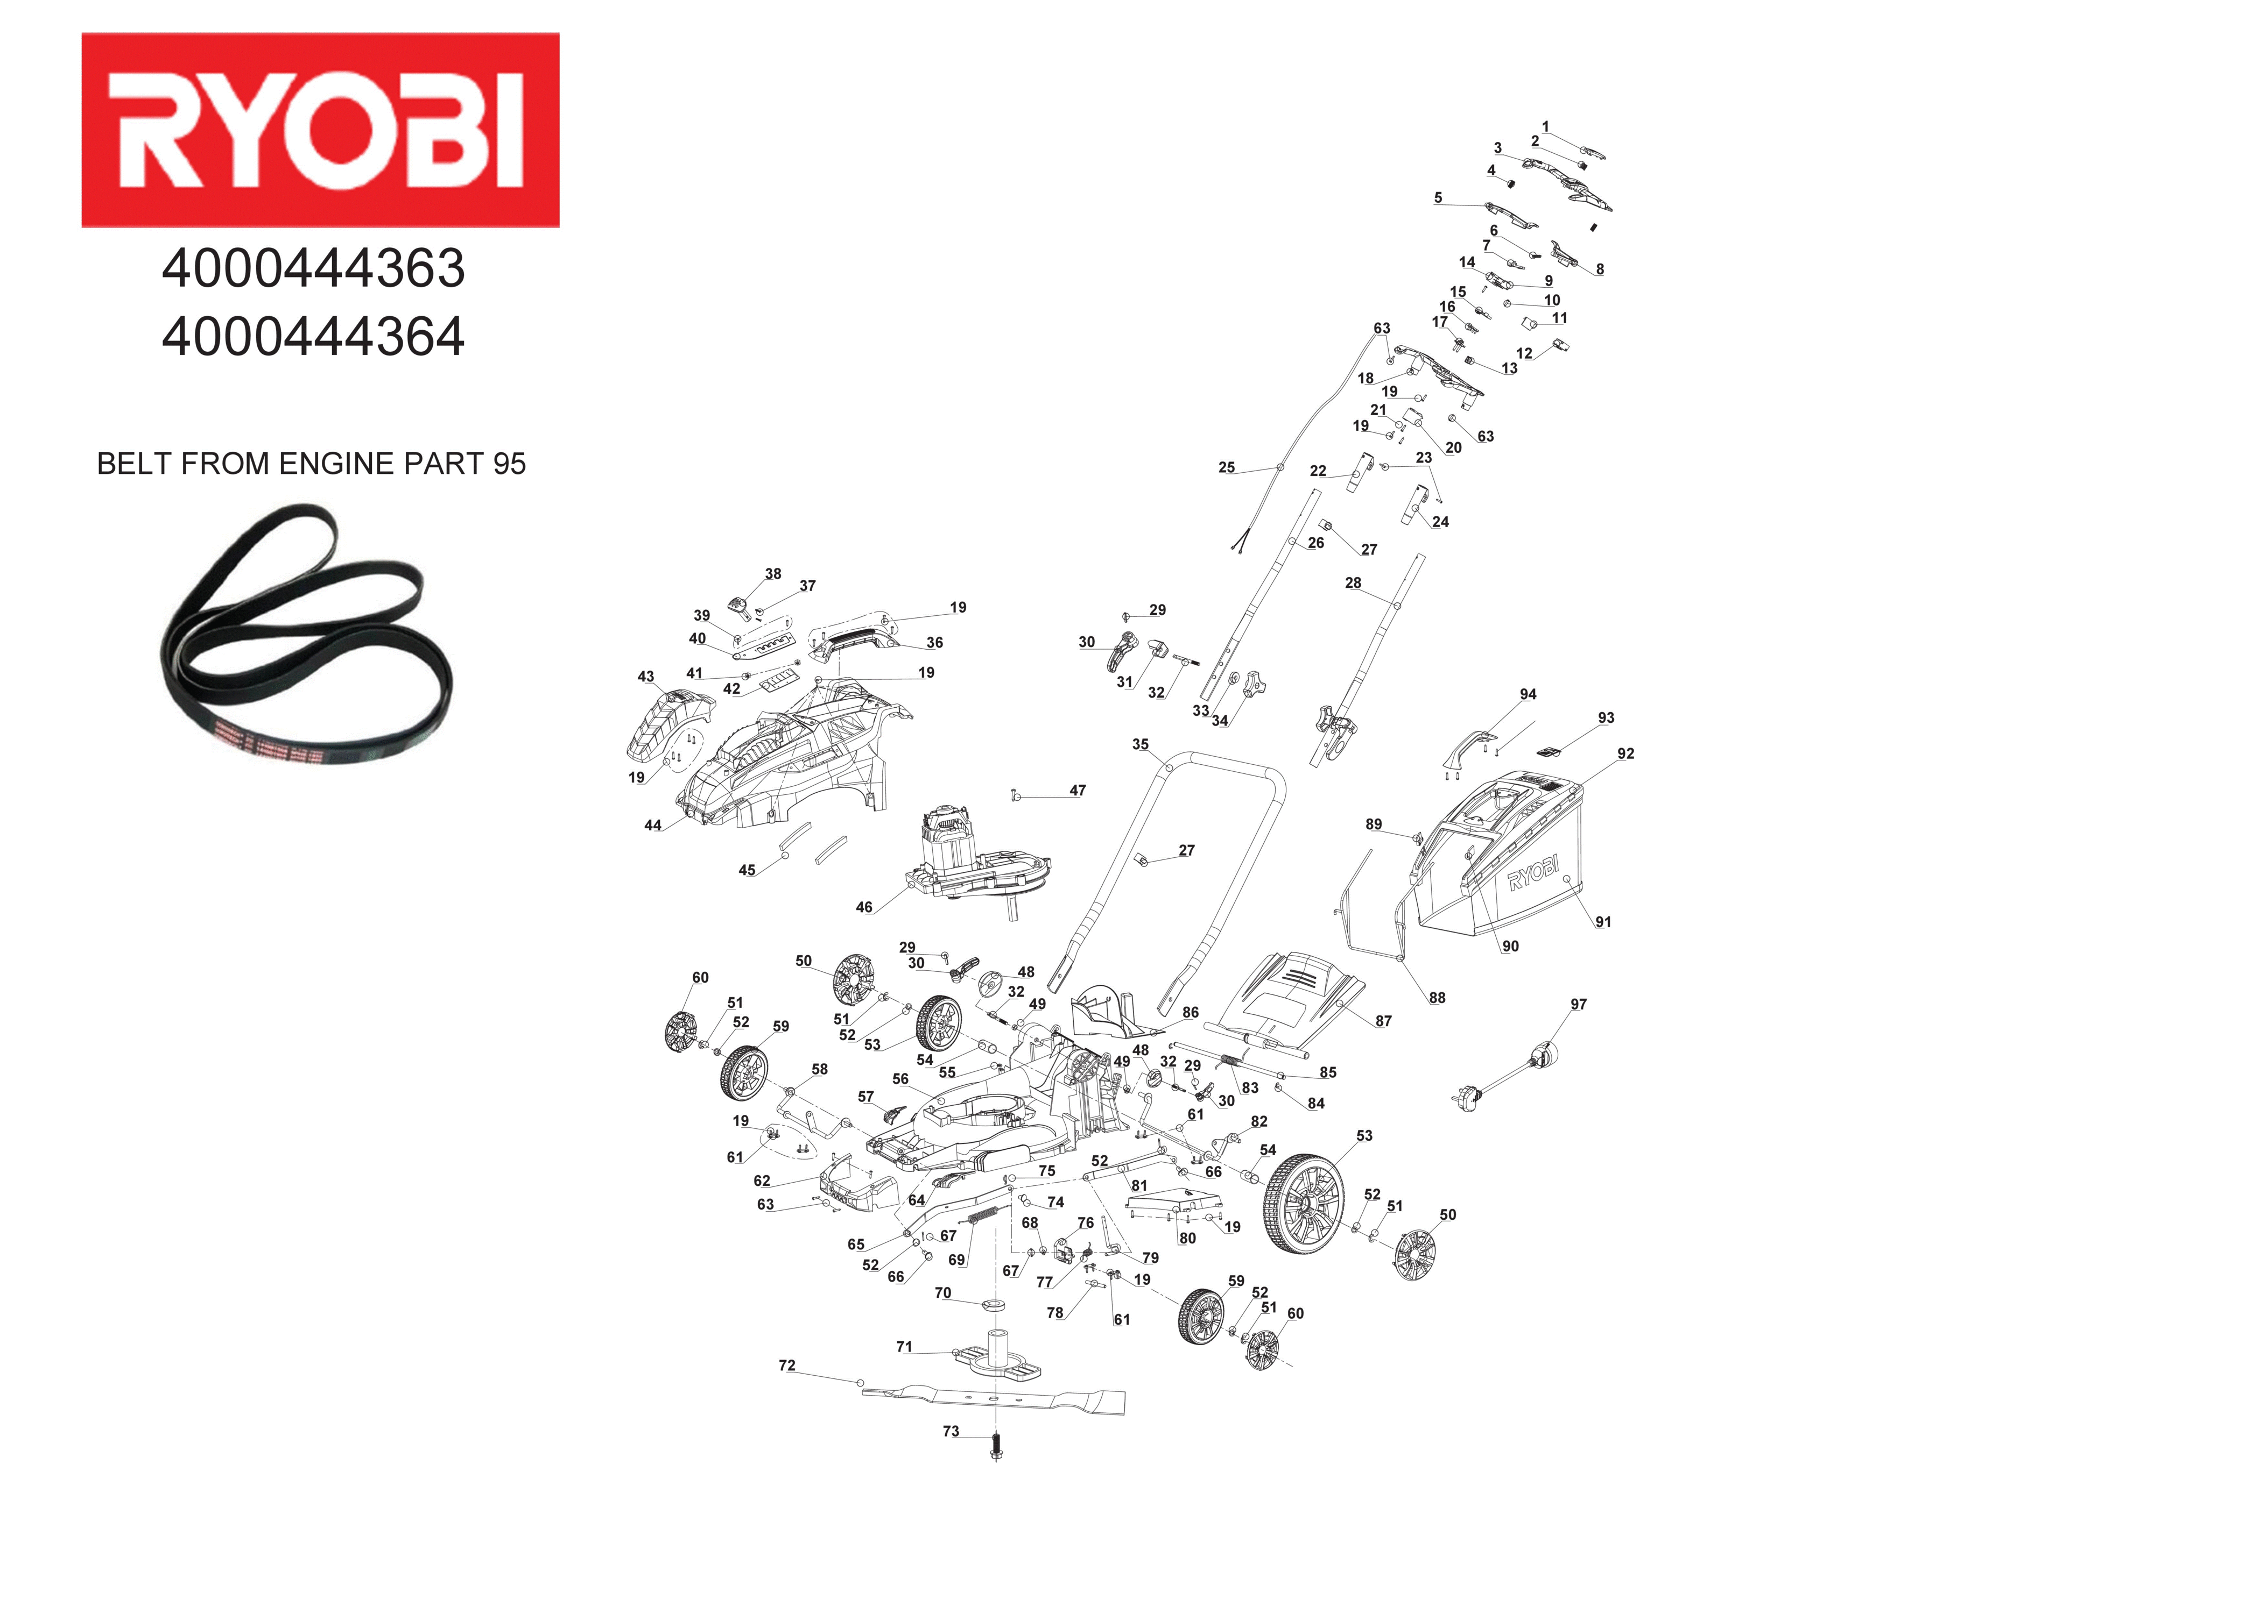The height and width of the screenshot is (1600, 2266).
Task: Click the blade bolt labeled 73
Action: coord(995,1447)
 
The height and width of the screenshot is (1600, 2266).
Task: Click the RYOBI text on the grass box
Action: coord(1533,872)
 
